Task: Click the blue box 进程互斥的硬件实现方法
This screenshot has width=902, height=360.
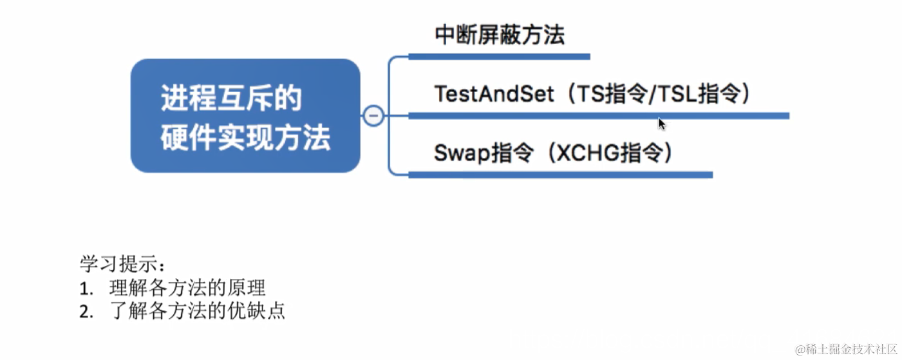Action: [245, 116]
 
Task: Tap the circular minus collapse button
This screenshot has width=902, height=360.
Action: [373, 116]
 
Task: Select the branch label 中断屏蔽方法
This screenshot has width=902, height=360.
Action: [500, 35]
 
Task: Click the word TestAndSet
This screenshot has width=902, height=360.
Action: [494, 94]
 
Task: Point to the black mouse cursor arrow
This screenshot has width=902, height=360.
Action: [661, 124]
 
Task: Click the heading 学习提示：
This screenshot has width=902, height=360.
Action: [122, 264]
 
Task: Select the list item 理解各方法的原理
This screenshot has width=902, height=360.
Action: [187, 288]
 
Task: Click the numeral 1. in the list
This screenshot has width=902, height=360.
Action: [86, 289]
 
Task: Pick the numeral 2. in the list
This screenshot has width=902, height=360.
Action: [86, 312]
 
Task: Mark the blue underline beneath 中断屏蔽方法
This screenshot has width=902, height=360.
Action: [499, 57]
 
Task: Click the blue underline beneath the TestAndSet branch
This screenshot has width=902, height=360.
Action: [599, 116]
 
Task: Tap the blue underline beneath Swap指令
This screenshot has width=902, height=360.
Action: [560, 175]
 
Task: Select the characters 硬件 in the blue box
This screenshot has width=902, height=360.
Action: [183, 138]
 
